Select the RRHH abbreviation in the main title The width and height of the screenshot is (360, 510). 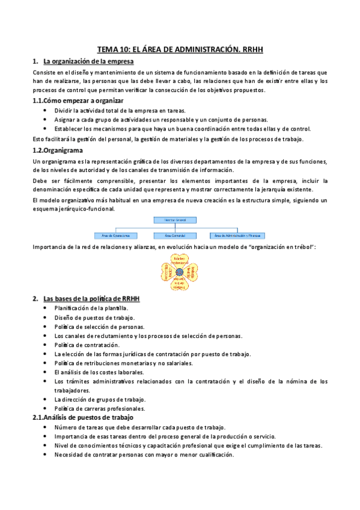point(250,51)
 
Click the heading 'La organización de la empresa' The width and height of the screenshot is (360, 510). point(89,62)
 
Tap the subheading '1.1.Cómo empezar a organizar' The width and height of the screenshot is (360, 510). point(78,100)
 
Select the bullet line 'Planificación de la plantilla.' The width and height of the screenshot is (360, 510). point(91,308)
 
